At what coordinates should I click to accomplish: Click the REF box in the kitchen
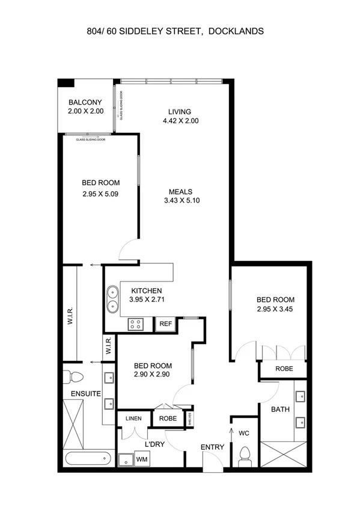(165, 324)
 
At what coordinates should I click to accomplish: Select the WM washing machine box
(142, 459)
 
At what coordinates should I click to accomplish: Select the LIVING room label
(180, 111)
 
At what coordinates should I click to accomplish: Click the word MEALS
(180, 192)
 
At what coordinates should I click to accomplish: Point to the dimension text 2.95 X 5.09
(101, 194)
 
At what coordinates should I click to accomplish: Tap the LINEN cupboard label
(134, 419)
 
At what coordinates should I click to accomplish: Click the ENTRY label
(213, 447)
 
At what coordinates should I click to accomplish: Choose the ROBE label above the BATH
(284, 369)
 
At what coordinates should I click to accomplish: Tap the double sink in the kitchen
(112, 300)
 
